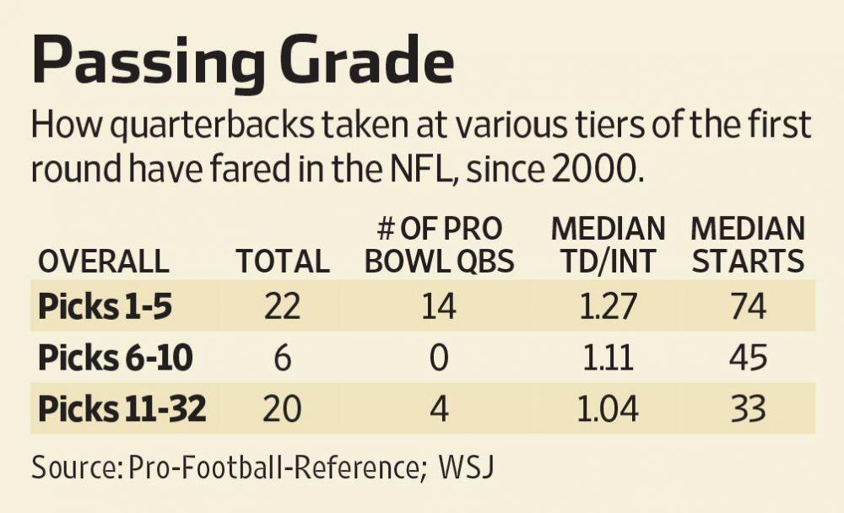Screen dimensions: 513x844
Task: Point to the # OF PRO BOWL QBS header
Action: [x=439, y=245]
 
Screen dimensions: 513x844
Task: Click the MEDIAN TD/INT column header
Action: [x=608, y=245]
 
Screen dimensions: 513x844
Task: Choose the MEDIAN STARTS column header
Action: [x=748, y=245]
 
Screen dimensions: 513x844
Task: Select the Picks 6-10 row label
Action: [x=115, y=359]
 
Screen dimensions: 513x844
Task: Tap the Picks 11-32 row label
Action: [x=122, y=410]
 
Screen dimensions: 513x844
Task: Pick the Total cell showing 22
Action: [x=283, y=306]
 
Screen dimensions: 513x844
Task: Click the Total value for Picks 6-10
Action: [x=283, y=359]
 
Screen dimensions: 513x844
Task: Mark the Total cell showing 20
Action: [x=283, y=410]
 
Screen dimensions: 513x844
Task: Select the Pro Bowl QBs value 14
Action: [x=439, y=306]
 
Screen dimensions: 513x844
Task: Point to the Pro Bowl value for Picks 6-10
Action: [x=439, y=359]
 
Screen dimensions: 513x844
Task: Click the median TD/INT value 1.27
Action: [x=608, y=306]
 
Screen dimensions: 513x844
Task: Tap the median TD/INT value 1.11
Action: [x=608, y=359]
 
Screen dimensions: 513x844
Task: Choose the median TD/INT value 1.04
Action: [x=608, y=410]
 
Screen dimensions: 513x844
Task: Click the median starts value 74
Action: [x=748, y=306]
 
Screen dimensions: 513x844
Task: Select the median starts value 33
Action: [x=748, y=410]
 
